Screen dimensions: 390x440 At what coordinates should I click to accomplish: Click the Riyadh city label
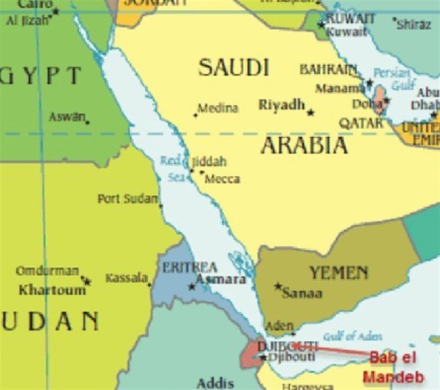[x=282, y=105]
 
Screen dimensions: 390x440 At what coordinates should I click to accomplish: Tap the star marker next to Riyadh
[x=310, y=112]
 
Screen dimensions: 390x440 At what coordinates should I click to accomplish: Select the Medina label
[x=218, y=109]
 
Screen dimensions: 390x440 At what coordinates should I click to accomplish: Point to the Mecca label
[x=222, y=179]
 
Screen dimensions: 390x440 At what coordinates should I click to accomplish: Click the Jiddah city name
[x=209, y=162]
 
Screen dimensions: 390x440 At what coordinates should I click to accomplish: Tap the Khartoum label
[x=52, y=290]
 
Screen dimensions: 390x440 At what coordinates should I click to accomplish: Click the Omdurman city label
[x=47, y=271]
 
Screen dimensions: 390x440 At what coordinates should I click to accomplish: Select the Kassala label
[x=127, y=278]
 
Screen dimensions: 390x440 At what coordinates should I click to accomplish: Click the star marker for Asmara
[x=192, y=287]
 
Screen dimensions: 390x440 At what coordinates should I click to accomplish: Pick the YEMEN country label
[x=338, y=273]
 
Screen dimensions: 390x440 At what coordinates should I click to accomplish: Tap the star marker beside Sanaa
[x=278, y=286]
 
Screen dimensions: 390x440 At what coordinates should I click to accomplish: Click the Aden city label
[x=280, y=326]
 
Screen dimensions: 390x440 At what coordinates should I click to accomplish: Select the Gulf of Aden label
[x=352, y=336]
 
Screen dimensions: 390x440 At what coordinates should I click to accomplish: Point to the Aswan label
[x=67, y=117]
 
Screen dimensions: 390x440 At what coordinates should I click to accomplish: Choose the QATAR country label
[x=361, y=123]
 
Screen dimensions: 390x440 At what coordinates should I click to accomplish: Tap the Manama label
[x=340, y=88]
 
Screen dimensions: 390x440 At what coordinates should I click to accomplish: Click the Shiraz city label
[x=414, y=24]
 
